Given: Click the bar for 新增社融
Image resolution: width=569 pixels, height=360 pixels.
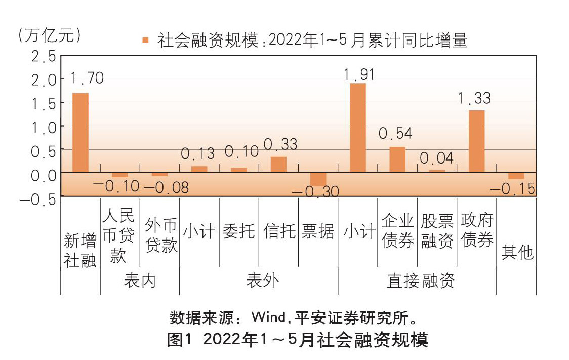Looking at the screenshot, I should [x=80, y=133].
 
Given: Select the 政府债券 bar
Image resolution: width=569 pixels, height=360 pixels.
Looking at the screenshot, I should [x=476, y=141].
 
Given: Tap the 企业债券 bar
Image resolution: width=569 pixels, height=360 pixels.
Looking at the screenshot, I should [x=397, y=159].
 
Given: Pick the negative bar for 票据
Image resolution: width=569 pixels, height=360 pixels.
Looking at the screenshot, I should [x=318, y=179].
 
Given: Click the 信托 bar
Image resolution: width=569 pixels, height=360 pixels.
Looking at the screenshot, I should [x=278, y=165].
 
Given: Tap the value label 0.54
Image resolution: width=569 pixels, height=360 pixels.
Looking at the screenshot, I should [x=395, y=134].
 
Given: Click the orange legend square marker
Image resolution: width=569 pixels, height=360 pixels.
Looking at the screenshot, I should [x=146, y=40].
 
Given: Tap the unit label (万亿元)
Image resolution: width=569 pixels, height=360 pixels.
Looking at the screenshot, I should [x=49, y=35].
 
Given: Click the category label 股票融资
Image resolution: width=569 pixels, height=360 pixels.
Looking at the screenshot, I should [x=437, y=231].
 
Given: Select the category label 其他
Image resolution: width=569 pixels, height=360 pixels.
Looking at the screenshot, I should [x=517, y=252].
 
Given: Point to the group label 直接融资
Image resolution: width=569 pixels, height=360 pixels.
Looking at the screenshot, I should [x=420, y=281].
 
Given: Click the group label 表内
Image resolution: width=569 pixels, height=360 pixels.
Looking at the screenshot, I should [x=140, y=281].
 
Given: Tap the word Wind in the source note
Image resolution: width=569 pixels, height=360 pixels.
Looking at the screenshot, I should [x=268, y=318].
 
